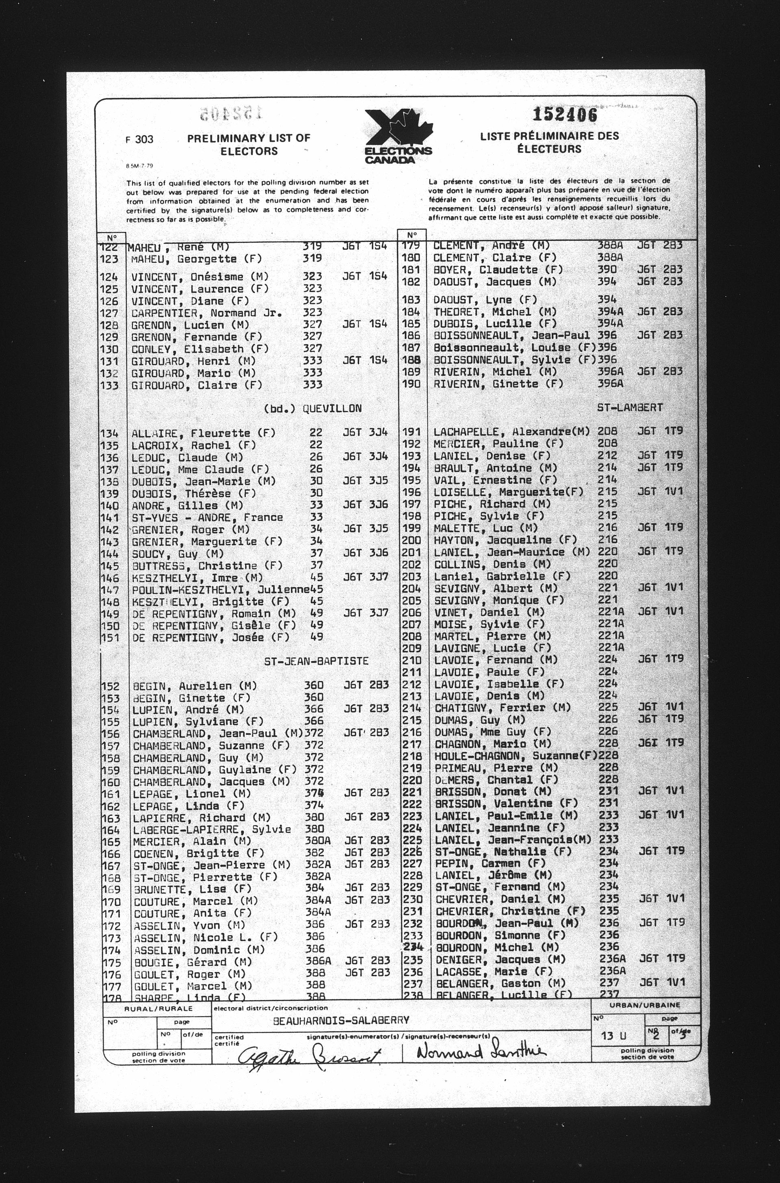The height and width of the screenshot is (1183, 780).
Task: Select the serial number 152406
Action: [x=565, y=115]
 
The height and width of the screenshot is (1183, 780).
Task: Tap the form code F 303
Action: [x=139, y=139]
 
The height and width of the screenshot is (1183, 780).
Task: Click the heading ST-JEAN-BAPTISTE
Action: [x=316, y=661]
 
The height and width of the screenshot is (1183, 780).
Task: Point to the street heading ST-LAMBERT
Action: [x=630, y=407]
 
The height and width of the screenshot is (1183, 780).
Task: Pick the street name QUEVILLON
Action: [x=332, y=408]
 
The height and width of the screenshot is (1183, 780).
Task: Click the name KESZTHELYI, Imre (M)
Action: [x=197, y=578]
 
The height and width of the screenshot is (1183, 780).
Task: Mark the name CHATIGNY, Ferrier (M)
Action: [x=503, y=707]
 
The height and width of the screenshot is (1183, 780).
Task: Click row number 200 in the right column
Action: [x=412, y=540]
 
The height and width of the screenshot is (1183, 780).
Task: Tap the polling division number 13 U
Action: [x=614, y=1036]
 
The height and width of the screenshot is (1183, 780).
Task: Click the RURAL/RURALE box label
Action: [x=158, y=1009]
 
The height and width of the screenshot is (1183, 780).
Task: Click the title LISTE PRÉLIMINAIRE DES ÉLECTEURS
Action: [x=549, y=142]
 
